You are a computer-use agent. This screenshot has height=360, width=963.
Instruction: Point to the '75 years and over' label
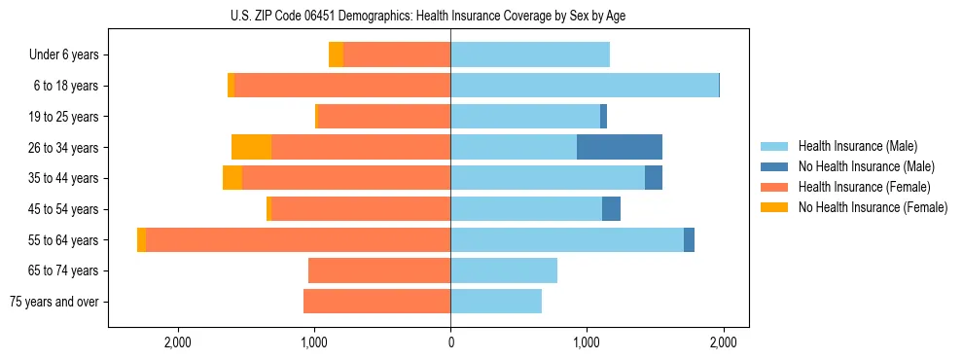click(x=54, y=302)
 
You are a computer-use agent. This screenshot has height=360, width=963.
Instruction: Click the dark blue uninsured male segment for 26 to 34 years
click(x=620, y=147)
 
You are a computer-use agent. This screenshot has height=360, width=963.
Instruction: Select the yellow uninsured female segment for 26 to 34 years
click(x=251, y=147)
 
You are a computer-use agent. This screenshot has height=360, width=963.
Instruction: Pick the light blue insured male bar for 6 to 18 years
click(x=584, y=86)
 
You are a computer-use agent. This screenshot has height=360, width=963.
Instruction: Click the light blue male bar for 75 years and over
click(x=496, y=302)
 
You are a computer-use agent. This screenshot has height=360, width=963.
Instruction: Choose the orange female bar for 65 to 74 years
click(x=379, y=270)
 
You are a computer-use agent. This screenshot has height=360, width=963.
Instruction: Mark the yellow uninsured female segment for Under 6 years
click(x=336, y=55)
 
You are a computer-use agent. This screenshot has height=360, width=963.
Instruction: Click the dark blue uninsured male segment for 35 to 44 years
click(x=654, y=178)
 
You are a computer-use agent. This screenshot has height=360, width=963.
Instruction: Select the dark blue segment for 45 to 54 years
click(x=611, y=208)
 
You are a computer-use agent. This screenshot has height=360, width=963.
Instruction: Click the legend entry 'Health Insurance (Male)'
click(x=857, y=147)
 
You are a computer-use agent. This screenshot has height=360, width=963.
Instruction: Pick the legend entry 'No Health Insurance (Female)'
click(x=873, y=207)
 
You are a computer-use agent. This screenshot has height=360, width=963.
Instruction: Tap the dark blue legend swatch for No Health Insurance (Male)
click(x=774, y=167)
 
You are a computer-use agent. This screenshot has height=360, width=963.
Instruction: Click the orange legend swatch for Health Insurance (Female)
click(x=774, y=187)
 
